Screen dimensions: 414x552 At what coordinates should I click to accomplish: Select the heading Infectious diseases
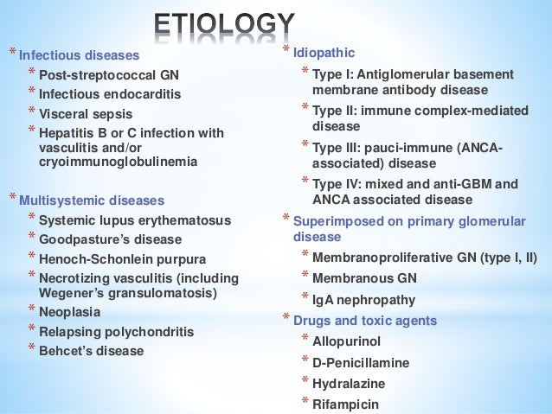(x=79, y=56)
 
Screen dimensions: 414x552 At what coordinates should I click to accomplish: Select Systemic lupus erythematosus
(x=125, y=219)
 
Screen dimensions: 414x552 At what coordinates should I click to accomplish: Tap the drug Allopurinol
(x=342, y=341)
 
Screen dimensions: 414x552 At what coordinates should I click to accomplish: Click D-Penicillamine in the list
(x=349, y=363)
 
